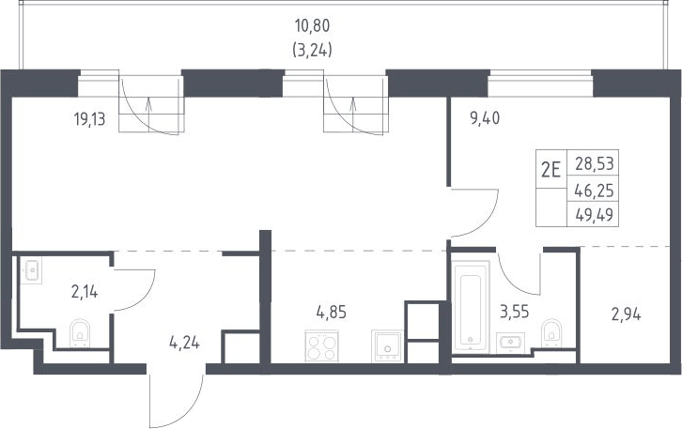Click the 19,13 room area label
pyautogui.click(x=90, y=118)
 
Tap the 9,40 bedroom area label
pyautogui.click(x=485, y=118)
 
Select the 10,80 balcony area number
pyautogui.click(x=312, y=26)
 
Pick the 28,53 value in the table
pyautogui.click(x=595, y=164)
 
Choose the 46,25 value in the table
pyautogui.click(x=594, y=191)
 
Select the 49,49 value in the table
pyautogui.click(x=594, y=214)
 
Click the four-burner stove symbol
pyautogui.click(x=322, y=346)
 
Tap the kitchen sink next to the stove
pyautogui.click(x=387, y=346)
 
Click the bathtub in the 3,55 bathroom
pyautogui.click(x=471, y=305)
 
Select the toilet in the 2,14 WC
pyautogui.click(x=80, y=333)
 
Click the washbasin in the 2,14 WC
pyautogui.click(x=31, y=270)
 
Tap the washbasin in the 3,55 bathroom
pyautogui.click(x=511, y=342)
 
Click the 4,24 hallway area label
pyautogui.click(x=184, y=343)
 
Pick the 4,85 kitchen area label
pyautogui.click(x=332, y=312)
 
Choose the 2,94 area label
pyautogui.click(x=627, y=314)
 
